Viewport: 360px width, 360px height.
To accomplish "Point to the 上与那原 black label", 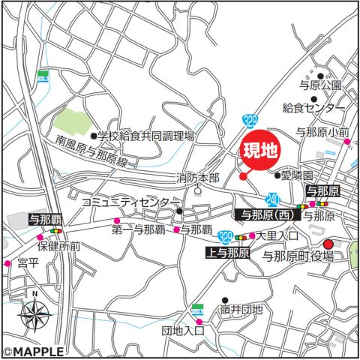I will pyautogui.click(x=227, y=253).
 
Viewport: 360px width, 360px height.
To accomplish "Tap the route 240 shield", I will pyautogui.click(x=274, y=198).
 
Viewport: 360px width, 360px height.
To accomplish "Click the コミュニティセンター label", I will pyautogui.click(x=130, y=202).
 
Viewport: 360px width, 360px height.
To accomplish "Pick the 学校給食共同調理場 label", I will pyautogui.click(x=146, y=136).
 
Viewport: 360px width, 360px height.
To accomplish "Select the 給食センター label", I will pyautogui.click(x=314, y=109).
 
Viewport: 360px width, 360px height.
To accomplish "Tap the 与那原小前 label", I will pyautogui.click(x=322, y=133).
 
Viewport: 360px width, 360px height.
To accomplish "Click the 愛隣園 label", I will pyautogui.click(x=300, y=176).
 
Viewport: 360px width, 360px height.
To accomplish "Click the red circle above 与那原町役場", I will pyautogui.click(x=328, y=244).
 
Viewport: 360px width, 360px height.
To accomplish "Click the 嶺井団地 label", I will pyautogui.click(x=242, y=309).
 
